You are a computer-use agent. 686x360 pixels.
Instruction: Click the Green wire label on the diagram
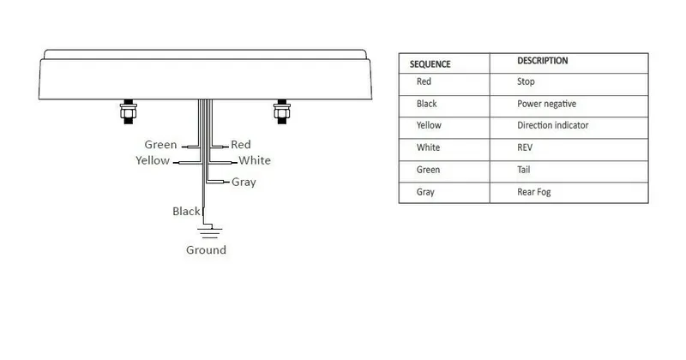click(160, 145)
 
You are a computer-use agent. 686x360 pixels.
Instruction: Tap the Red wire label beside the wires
click(241, 145)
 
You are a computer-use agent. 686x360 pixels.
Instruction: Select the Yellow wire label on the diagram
click(153, 160)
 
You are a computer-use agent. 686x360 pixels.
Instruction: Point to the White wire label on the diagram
click(255, 160)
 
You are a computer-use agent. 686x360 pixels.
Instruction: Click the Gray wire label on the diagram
click(244, 182)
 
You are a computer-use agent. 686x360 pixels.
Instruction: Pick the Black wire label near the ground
click(186, 211)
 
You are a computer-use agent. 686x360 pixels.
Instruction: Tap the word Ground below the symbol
click(206, 250)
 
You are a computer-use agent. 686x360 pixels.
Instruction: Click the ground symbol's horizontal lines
click(209, 232)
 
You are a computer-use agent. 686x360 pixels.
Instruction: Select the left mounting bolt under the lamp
click(128, 111)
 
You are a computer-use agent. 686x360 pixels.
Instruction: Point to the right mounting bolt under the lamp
click(282, 111)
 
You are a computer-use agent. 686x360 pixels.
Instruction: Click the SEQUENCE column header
click(430, 64)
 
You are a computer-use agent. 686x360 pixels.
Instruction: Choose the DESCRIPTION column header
click(543, 61)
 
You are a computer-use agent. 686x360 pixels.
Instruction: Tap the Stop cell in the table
click(526, 81)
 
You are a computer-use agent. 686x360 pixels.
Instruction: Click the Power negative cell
click(546, 104)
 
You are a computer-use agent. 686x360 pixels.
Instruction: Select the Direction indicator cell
click(552, 125)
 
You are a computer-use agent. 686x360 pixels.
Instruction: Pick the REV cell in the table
click(525, 147)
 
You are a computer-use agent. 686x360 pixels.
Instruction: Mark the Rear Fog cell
click(533, 192)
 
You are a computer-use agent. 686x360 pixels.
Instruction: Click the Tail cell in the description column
click(524, 170)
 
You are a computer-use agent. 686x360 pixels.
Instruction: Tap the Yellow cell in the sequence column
click(429, 125)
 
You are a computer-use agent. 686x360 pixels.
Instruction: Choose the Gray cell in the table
click(425, 192)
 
